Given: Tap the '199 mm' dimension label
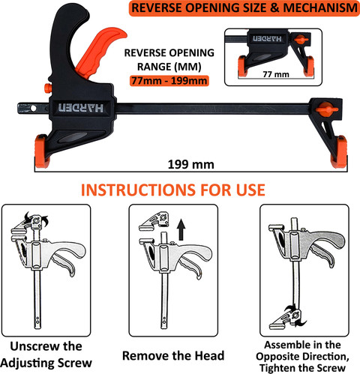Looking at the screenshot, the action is (x=191, y=164).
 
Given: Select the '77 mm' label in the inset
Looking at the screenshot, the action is (x=276, y=74).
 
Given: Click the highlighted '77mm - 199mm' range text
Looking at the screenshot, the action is (x=169, y=81).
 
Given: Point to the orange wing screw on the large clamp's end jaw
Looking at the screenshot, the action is (x=326, y=108).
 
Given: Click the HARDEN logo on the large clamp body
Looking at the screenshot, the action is (x=80, y=108).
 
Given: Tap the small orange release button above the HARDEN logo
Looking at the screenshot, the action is (x=48, y=88).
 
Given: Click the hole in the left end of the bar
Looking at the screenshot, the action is (x=34, y=109).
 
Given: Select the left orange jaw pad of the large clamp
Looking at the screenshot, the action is (x=41, y=151).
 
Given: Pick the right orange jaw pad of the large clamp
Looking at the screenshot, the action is (x=339, y=151).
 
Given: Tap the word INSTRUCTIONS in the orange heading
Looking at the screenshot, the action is (x=138, y=190).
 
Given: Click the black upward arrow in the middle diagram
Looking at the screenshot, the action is (x=181, y=229).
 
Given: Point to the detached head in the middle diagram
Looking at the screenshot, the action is (x=154, y=221).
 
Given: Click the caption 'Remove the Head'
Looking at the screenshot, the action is (x=173, y=355).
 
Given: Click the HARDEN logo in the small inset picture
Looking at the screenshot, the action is (x=267, y=38).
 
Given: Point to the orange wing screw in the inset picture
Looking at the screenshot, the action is (x=301, y=40).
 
